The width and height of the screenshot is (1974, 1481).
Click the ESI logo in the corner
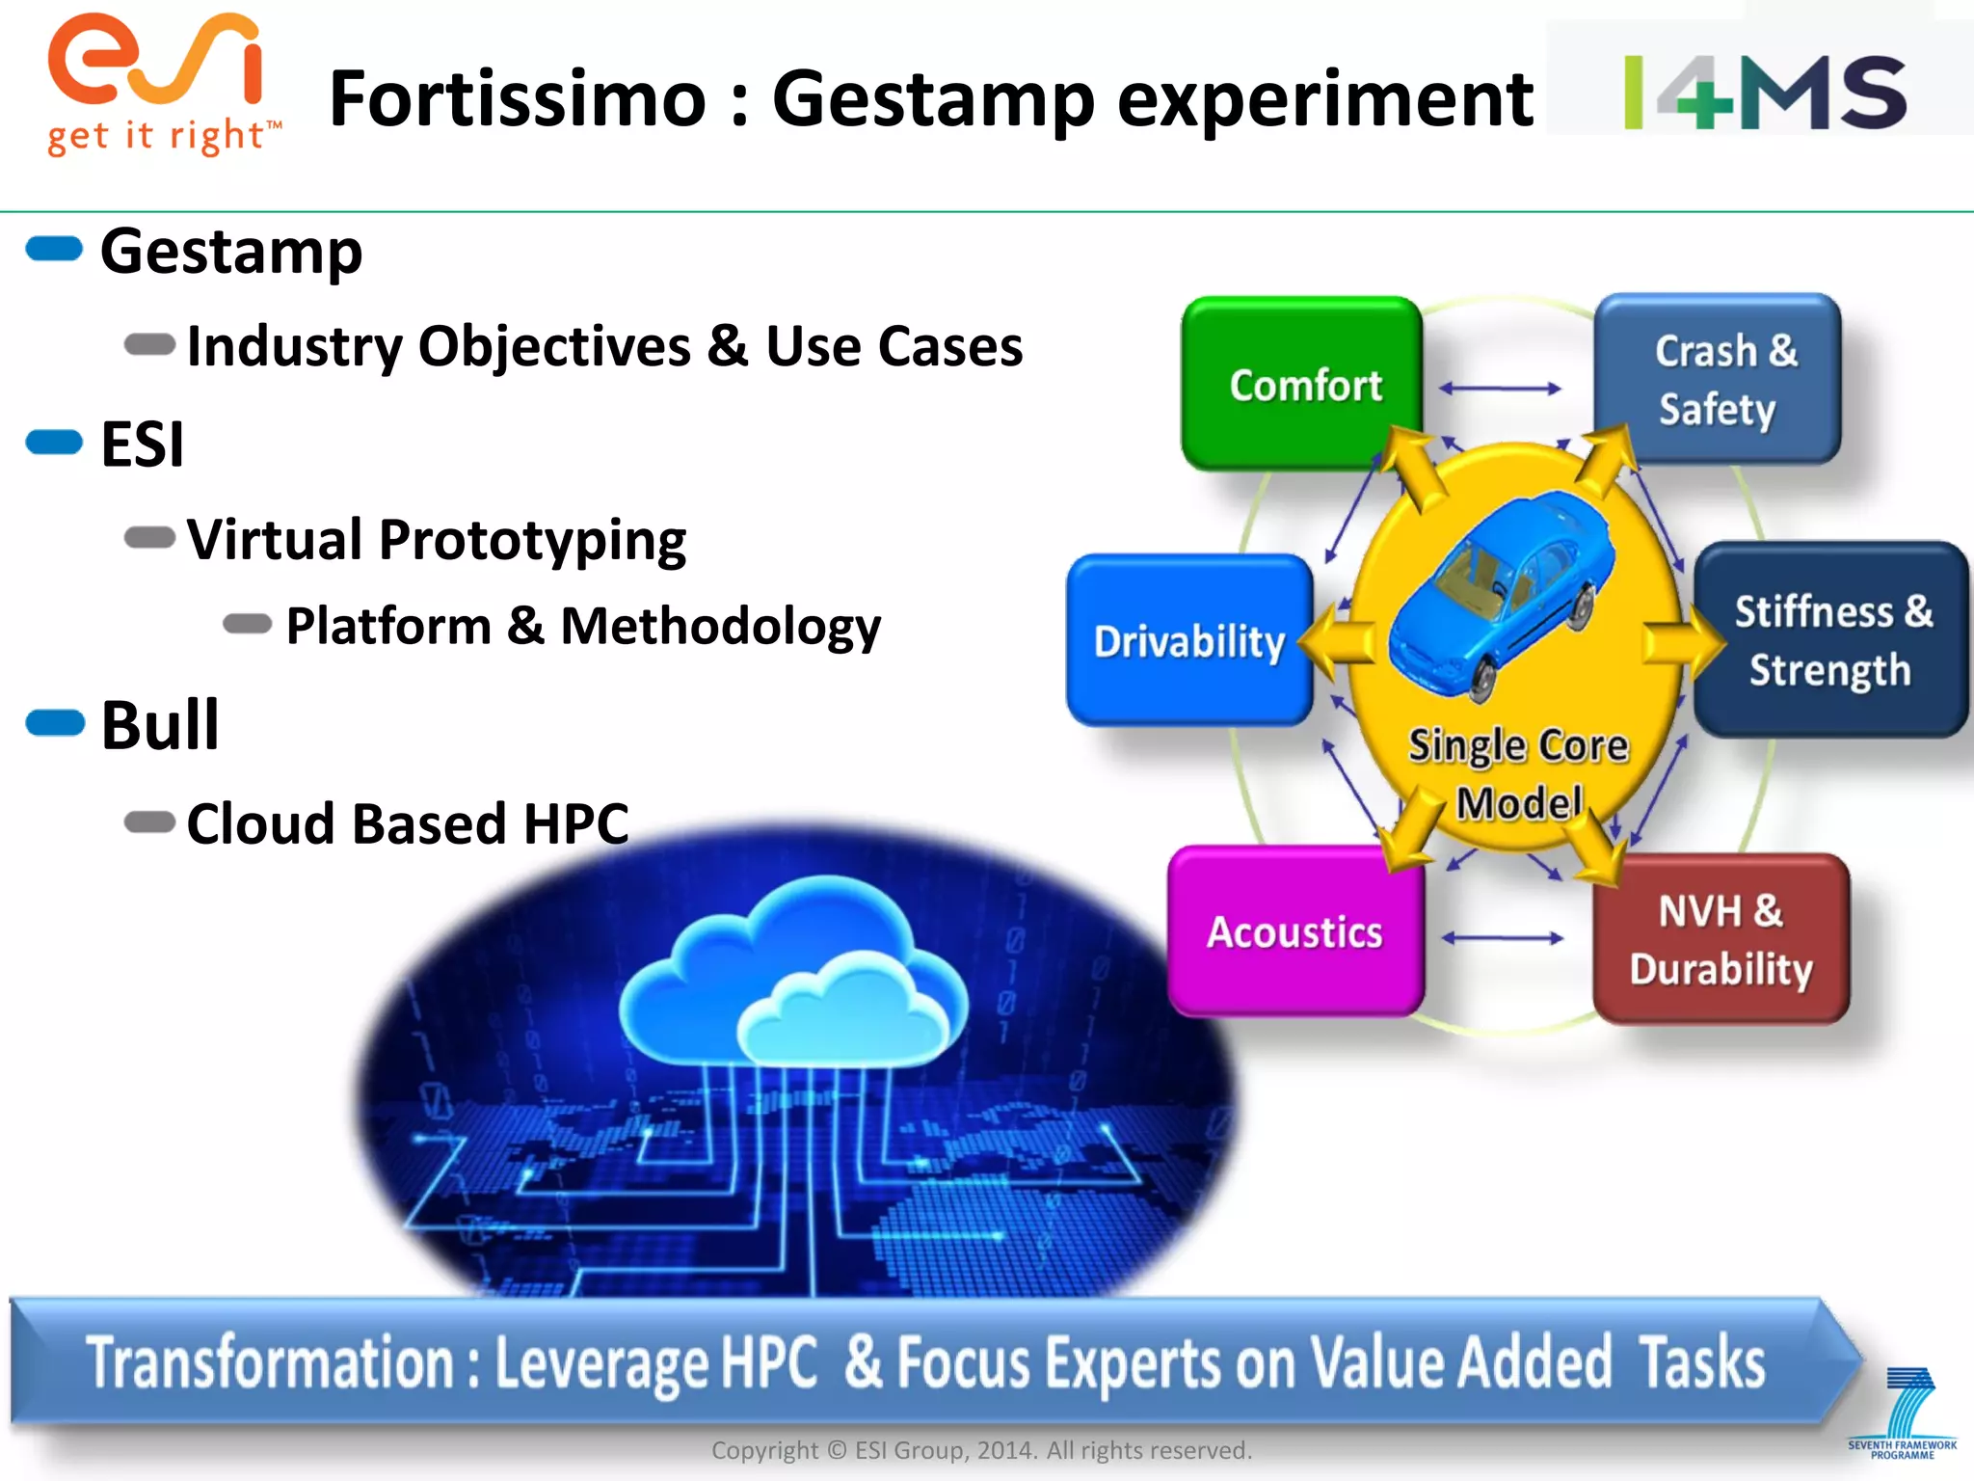154,82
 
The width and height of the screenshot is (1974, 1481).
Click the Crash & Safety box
1719,379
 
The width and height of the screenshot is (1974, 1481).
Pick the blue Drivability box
1187,640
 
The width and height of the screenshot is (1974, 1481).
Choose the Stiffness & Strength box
1829,640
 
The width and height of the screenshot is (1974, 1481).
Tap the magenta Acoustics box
1294,931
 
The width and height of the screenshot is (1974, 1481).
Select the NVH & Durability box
1721,939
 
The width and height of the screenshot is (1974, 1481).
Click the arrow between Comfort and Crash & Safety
1500,389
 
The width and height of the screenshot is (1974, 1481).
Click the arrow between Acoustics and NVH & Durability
1502,938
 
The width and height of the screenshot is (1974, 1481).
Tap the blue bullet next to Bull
55,722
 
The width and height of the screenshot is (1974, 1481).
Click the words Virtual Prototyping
436,539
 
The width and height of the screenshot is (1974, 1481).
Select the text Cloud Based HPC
407,823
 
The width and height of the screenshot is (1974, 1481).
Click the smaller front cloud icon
843,1012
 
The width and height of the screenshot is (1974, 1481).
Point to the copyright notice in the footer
981,1450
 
